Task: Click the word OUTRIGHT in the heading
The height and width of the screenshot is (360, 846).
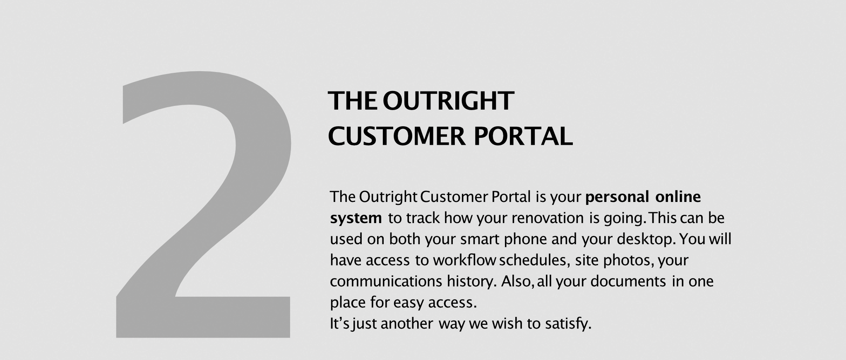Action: click(448, 101)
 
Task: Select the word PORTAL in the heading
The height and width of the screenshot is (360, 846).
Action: click(523, 136)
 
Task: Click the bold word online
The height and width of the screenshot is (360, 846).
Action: click(678, 197)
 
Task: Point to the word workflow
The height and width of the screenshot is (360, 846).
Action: click(464, 260)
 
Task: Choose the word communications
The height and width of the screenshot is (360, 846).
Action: click(386, 282)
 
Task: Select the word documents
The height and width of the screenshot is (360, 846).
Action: click(628, 281)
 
